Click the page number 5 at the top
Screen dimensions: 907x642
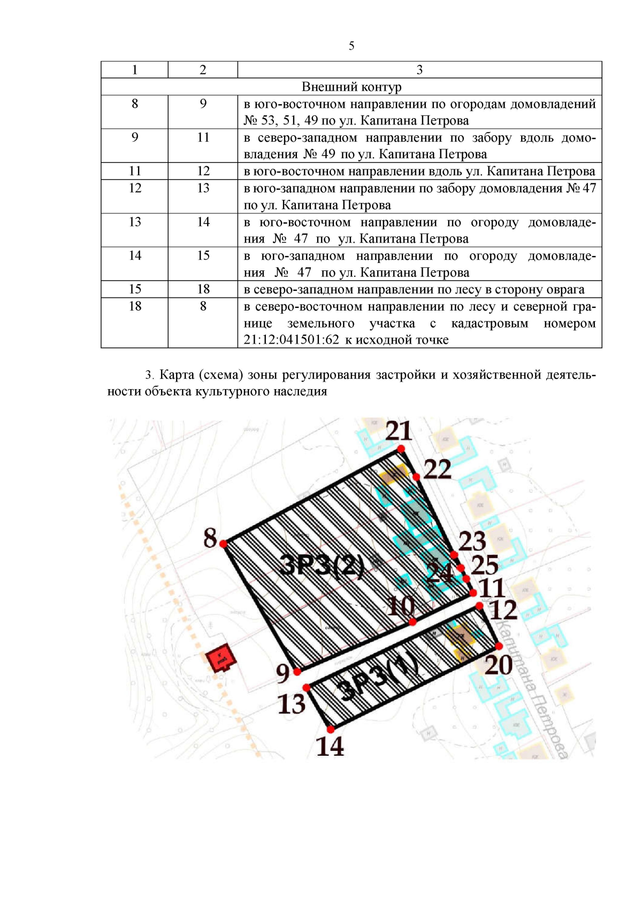pyautogui.click(x=351, y=46)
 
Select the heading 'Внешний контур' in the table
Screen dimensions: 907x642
pyautogui.click(x=351, y=87)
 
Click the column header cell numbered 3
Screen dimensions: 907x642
pyautogui.click(x=419, y=69)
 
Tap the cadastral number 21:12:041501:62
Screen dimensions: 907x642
pyautogui.click(x=291, y=340)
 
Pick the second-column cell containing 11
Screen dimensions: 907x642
pyautogui.click(x=203, y=137)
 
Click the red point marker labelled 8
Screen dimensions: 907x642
pyautogui.click(x=223, y=544)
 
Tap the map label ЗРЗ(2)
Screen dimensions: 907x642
pyautogui.click(x=322, y=565)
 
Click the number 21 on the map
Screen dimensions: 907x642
pyautogui.click(x=399, y=431)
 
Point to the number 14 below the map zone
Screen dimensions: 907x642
pyautogui.click(x=330, y=747)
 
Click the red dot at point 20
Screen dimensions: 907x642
pyautogui.click(x=499, y=646)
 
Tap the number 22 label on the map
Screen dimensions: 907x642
pyautogui.click(x=437, y=469)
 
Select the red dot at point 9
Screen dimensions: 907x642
pyautogui.click(x=297, y=672)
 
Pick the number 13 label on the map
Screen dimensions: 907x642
pyautogui.click(x=292, y=704)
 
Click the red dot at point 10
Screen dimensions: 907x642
pyautogui.click(x=412, y=622)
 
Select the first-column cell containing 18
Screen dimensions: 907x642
pyautogui.click(x=135, y=306)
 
